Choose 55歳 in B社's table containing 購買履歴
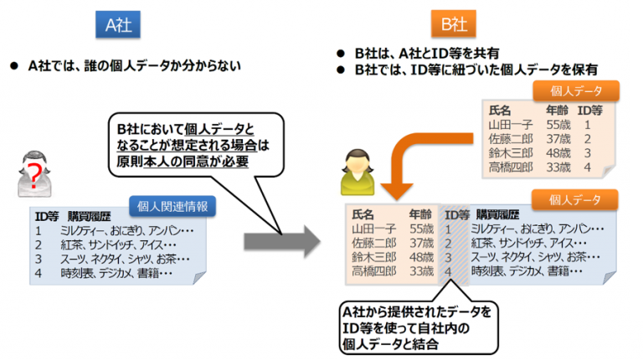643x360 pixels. coord(422,228)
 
